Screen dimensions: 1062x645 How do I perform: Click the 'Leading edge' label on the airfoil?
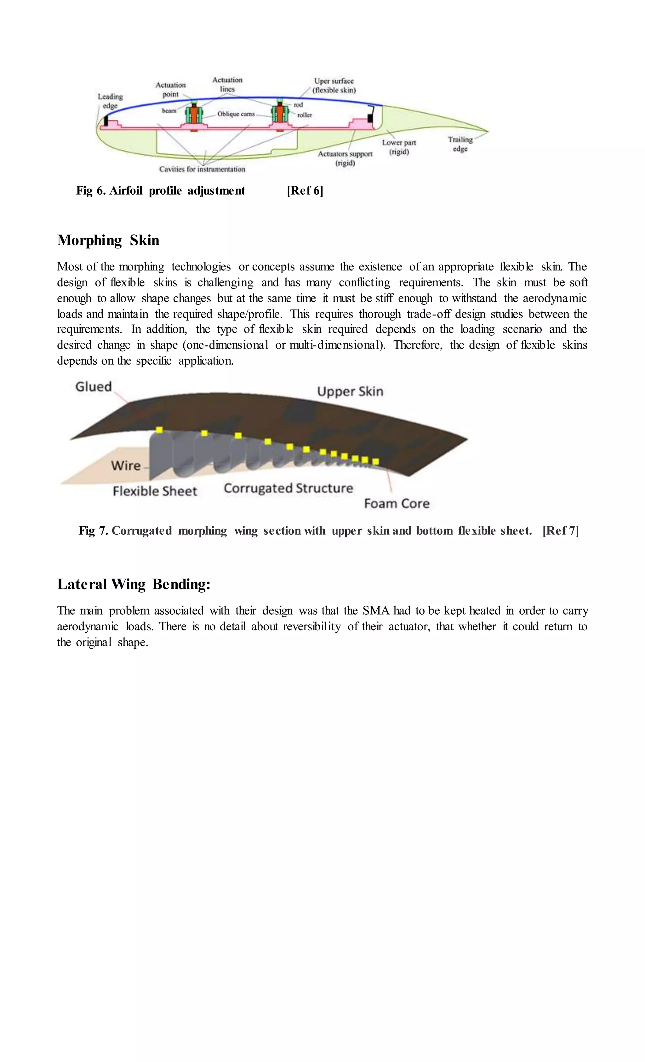tap(110, 101)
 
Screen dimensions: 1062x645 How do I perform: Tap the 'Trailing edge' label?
tap(460, 144)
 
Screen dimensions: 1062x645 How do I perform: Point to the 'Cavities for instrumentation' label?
tap(202, 169)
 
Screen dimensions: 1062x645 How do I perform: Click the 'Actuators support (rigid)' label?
tap(345, 158)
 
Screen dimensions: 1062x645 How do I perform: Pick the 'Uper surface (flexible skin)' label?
tap(334, 85)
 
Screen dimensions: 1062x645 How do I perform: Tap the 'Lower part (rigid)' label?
tap(399, 147)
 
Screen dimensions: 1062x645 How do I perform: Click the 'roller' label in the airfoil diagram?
tap(305, 115)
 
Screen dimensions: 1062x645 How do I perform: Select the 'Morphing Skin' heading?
tap(108, 240)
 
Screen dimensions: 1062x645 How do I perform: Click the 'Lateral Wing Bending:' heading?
tap(134, 584)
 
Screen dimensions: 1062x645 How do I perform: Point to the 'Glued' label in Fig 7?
tap(94, 386)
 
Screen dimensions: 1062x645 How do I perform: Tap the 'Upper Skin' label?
tap(350, 391)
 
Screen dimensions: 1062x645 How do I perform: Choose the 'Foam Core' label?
tap(397, 503)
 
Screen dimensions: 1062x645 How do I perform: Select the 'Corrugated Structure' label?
tap(288, 488)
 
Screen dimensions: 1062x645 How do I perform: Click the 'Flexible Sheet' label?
tap(155, 491)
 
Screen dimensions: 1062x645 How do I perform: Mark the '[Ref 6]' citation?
tap(305, 190)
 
